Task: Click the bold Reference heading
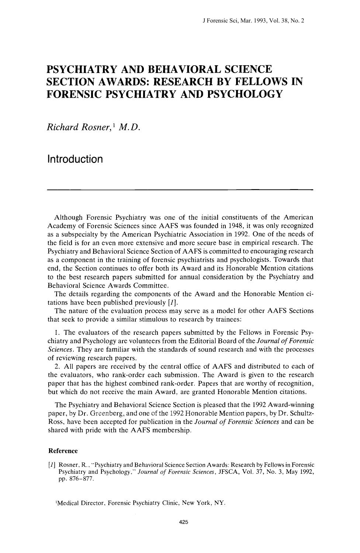point(63,451)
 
